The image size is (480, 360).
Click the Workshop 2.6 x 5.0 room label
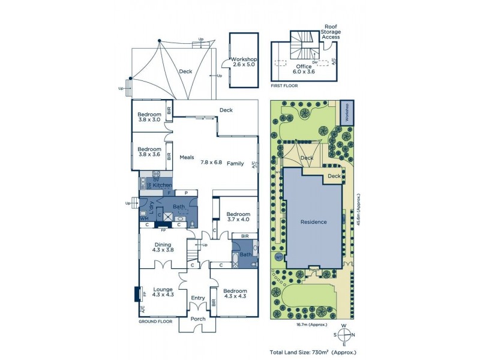244,62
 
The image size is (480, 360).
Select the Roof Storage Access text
331,32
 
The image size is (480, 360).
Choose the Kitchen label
162,185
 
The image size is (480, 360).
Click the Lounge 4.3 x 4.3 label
163,291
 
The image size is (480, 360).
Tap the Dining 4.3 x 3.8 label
163,247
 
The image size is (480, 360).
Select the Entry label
198,298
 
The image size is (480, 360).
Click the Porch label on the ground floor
199,319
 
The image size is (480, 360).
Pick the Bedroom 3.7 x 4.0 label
238,217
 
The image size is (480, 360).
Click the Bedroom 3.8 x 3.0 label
149,118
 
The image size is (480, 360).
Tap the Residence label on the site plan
313,222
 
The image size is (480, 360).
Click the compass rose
344,335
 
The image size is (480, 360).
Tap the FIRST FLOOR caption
284,86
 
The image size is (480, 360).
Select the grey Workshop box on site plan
347,113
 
